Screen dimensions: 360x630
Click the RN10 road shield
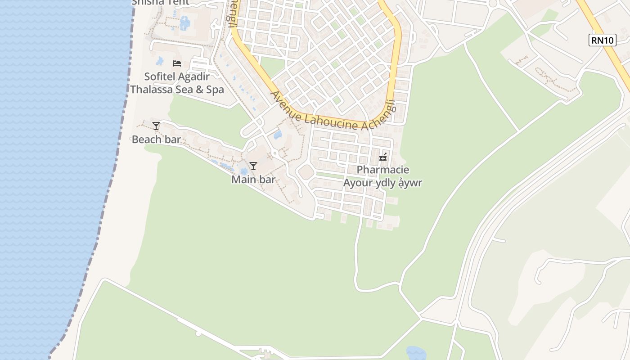click(602, 40)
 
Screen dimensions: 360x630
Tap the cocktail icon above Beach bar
click(156, 126)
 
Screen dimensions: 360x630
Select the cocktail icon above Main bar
click(253, 166)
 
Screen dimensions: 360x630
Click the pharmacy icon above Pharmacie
click(383, 157)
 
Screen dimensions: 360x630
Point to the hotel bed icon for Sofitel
click(177, 63)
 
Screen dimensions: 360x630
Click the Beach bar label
click(156, 139)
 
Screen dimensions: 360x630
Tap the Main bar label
click(253, 180)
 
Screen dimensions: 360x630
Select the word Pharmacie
click(383, 170)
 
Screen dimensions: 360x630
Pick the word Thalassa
click(150, 90)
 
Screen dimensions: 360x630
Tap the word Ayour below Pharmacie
click(358, 183)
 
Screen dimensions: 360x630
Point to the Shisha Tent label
click(160, 2)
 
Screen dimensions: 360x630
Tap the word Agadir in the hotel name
click(196, 76)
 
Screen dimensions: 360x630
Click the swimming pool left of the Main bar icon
click(243, 171)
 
